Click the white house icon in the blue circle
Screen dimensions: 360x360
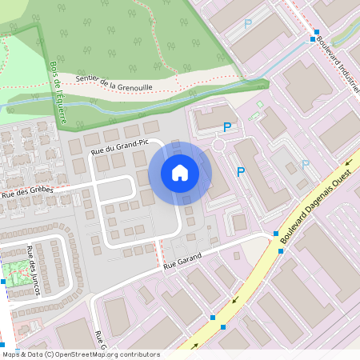coord(180,172)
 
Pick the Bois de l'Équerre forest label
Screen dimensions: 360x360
coord(57,87)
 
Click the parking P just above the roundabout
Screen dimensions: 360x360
coord(228,126)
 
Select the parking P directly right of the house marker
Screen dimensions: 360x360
coord(241,170)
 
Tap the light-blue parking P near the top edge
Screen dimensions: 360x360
coord(248,24)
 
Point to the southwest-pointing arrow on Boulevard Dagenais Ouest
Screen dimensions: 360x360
coord(235,302)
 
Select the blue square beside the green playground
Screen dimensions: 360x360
coord(3,282)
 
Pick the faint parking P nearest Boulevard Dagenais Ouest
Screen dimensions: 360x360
coord(304,164)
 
